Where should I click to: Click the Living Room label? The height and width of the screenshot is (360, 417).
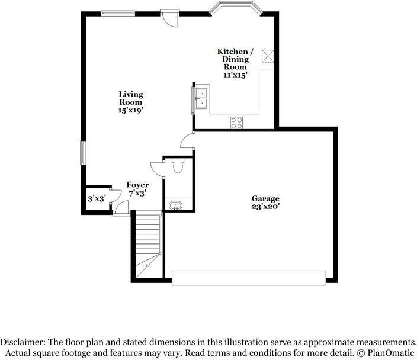pyautogui.click(x=130, y=98)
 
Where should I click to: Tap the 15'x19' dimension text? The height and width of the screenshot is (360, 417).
pyautogui.click(x=130, y=110)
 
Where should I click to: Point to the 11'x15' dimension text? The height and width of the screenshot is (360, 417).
pyautogui.click(x=235, y=75)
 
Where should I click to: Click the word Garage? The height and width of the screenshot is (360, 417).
pyautogui.click(x=265, y=198)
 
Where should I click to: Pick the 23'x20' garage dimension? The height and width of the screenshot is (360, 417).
pyautogui.click(x=265, y=207)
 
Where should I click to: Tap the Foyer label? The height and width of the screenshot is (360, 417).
pyautogui.click(x=137, y=185)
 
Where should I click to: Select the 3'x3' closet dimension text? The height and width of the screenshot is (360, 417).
pyautogui.click(x=97, y=199)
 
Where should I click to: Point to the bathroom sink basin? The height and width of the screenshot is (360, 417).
pyautogui.click(x=176, y=206)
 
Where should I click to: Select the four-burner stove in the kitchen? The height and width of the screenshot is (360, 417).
pyautogui.click(x=236, y=123)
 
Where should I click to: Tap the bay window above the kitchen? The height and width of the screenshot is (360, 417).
pyautogui.click(x=235, y=12)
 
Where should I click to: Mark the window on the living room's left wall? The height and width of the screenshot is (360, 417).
pyautogui.click(x=83, y=153)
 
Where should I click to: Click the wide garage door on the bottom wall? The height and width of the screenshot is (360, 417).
pyautogui.click(x=249, y=277)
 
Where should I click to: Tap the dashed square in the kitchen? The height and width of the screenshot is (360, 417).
pyautogui.click(x=267, y=55)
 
